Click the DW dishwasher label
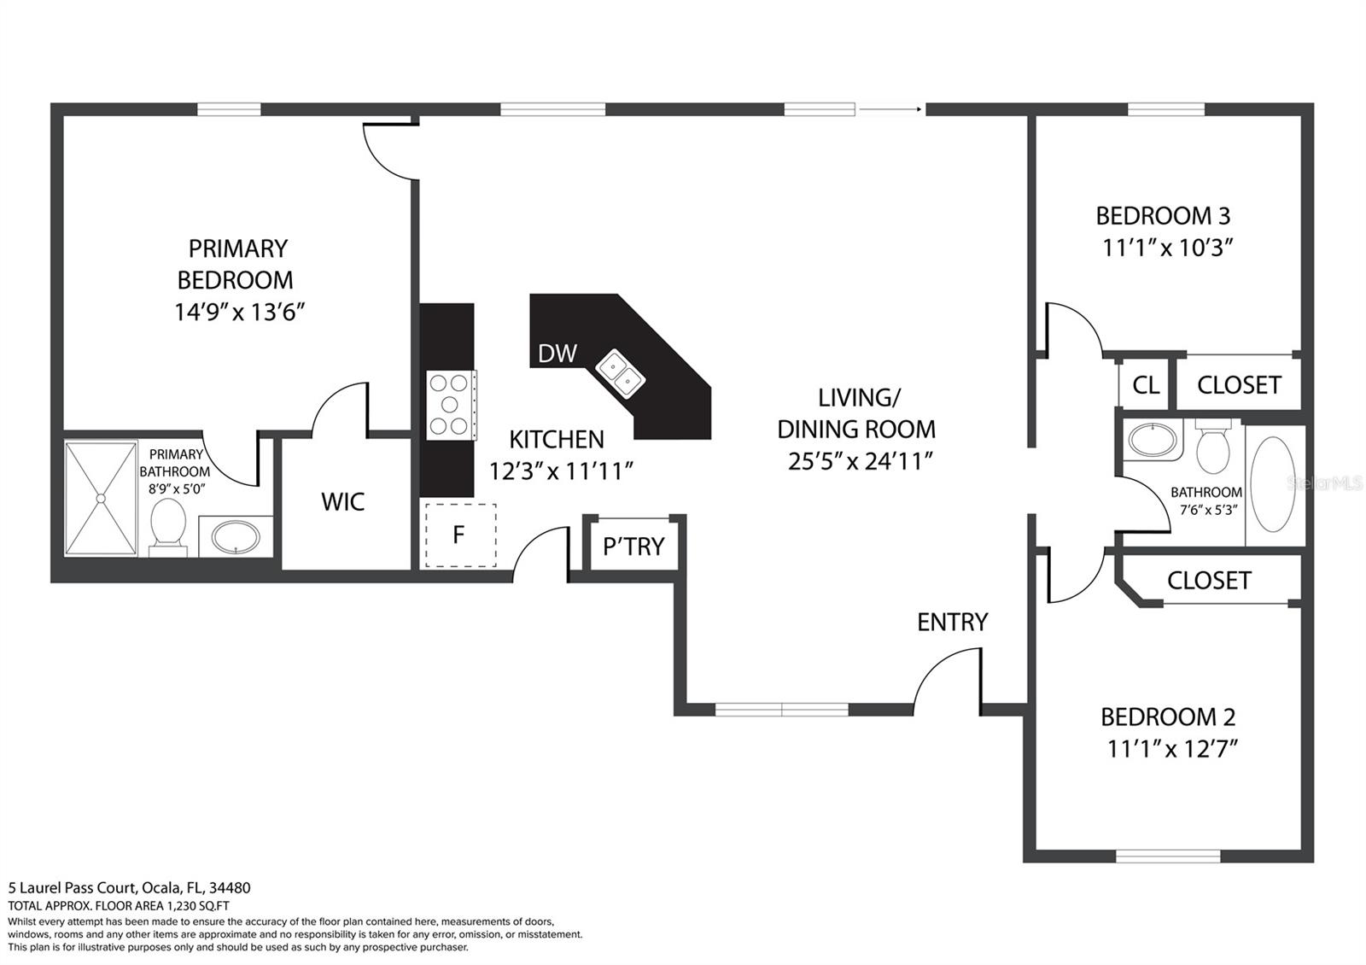557,353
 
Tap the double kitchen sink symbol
621,373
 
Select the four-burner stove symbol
451,405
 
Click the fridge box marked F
460,535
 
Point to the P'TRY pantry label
633,547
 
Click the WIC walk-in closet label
343,502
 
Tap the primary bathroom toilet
168,525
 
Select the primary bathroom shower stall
102,498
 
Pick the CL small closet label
1146,385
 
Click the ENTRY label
952,622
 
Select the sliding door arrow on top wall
890,109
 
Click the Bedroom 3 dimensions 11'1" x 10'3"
1168,248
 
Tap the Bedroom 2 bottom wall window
1168,856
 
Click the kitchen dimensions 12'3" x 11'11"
561,471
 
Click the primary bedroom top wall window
229,109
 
